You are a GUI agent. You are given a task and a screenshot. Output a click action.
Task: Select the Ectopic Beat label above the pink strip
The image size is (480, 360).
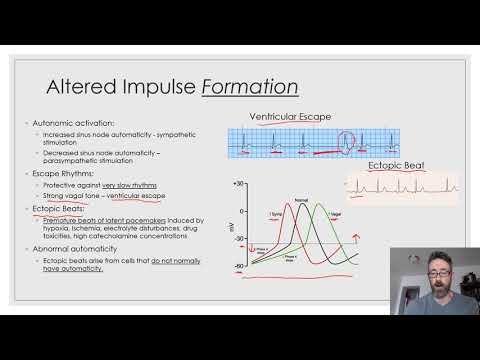click(x=400, y=166)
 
